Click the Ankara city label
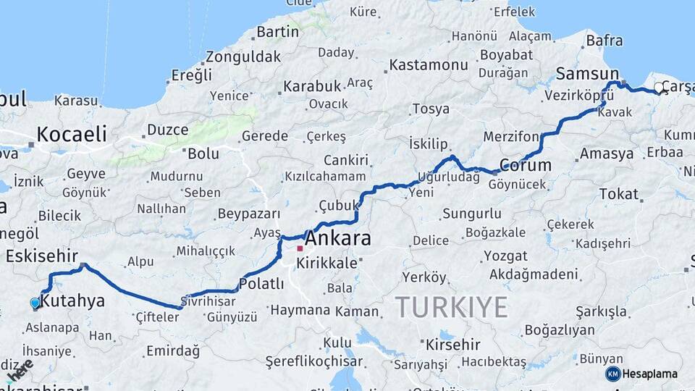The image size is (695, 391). coord(338,238)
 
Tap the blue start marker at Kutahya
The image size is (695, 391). coord(35,303)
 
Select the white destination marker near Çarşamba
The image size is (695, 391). coord(659,88)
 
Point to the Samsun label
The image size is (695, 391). coord(588,74)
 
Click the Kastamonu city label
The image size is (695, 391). coord(429,65)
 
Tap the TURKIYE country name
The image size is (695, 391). coord(452,307)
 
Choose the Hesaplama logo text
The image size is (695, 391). coord(650,374)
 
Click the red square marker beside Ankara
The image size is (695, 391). coord(300,248)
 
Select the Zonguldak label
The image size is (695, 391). coord(243,56)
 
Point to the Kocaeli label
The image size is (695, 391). coord(72,134)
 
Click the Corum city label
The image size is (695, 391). coord(526,165)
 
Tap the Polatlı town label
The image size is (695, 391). coord(261,284)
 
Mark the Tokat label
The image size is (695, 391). coord(618,194)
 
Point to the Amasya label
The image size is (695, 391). coord(607,154)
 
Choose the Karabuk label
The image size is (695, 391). coord(311,86)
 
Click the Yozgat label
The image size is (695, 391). coord(505,256)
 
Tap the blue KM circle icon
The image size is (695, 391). coord(613,374)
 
